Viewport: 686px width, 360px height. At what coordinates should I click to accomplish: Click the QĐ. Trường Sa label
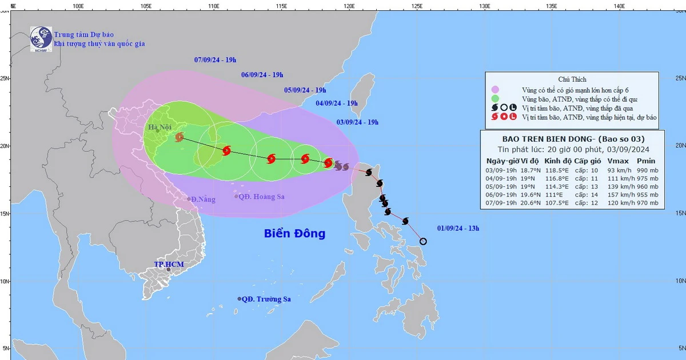point(266,299)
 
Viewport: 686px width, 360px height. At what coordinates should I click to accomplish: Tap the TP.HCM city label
point(167,265)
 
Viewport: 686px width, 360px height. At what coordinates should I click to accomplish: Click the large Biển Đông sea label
point(294,233)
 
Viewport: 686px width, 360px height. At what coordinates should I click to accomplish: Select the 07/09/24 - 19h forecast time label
point(216,59)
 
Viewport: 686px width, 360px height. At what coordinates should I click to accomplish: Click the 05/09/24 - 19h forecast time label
point(305,90)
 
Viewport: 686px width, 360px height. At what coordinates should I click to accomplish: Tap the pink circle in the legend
point(495,90)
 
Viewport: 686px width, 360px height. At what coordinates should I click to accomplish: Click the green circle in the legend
point(495,99)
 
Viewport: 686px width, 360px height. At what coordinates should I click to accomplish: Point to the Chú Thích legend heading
point(572,79)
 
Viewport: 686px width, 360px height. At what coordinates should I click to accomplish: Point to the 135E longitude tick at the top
point(552,6)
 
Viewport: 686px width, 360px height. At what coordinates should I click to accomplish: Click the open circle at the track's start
point(423,241)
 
